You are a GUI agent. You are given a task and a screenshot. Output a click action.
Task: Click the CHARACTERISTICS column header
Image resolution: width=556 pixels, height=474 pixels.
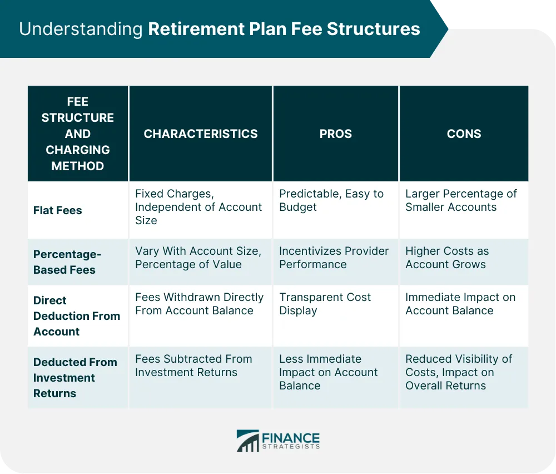click(201, 134)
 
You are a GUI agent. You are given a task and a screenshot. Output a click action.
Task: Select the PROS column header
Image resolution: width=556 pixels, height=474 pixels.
click(335, 134)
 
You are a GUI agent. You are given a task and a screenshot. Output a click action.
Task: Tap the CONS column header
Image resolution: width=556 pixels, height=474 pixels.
click(464, 134)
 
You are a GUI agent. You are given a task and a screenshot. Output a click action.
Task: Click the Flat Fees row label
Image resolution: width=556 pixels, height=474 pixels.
click(58, 210)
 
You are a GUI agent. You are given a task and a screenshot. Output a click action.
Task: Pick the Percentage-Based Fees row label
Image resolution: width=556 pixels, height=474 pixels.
click(67, 261)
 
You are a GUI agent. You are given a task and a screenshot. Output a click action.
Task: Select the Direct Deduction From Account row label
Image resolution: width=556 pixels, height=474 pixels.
click(76, 315)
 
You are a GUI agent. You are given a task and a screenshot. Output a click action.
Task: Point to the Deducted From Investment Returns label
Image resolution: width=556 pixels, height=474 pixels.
click(75, 377)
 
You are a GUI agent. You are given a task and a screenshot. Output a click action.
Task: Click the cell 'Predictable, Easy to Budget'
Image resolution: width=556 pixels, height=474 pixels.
click(331, 200)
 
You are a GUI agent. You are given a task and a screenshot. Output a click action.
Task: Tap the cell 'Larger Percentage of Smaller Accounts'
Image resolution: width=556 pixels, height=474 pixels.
click(460, 200)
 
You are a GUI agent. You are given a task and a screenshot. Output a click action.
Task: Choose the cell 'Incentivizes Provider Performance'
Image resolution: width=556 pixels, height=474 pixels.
click(334, 258)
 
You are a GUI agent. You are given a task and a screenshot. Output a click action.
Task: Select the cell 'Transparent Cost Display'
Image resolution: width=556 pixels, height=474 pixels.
click(325, 304)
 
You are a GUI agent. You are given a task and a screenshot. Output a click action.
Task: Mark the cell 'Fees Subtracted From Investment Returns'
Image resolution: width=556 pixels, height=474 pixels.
click(193, 366)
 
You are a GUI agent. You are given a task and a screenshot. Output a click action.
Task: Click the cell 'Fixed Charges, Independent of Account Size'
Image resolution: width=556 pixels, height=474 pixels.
click(198, 207)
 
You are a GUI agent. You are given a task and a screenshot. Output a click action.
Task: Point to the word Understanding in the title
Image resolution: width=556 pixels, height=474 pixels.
click(81, 29)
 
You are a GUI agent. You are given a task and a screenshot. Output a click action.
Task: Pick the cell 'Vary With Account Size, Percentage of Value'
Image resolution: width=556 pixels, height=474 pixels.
click(197, 258)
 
